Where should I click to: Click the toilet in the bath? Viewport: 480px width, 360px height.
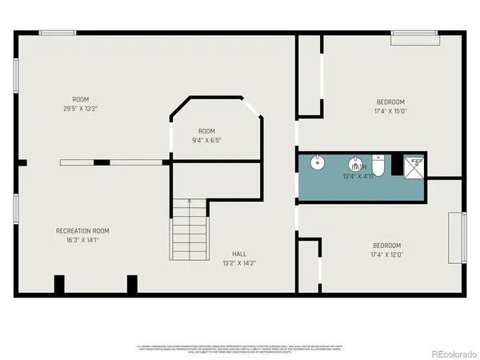pos(381,165)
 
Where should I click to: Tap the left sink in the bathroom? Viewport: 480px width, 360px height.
pos(318,163)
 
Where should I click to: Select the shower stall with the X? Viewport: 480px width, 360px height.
pos(415,166)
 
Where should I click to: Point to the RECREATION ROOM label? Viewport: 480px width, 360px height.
pos(82,230)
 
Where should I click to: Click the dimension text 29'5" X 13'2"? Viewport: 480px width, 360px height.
pos(80,109)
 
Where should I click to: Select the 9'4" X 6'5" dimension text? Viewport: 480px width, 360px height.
pos(206,140)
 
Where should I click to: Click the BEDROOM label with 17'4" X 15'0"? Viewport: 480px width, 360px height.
pos(390,102)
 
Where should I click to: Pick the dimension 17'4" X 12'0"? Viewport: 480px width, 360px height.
pos(386,254)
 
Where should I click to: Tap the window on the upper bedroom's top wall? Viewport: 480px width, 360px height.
pos(414,34)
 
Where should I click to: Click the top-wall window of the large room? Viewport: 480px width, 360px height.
pos(58,32)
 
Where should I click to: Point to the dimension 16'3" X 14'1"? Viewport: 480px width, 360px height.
pos(82,239)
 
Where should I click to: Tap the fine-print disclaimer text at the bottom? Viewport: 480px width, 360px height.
pos(239,349)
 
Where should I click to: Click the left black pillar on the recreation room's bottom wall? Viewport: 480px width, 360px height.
pos(58,285)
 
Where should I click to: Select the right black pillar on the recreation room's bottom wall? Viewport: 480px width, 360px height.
pos(132,285)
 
